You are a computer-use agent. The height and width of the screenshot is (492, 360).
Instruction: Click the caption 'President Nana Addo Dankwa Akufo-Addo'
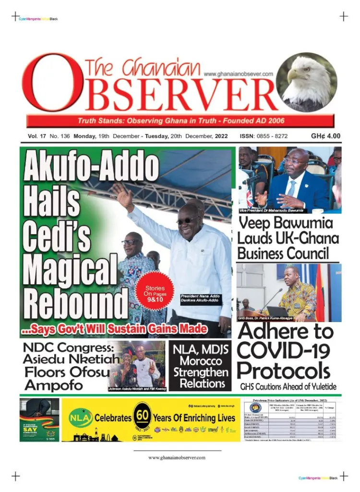(201, 300)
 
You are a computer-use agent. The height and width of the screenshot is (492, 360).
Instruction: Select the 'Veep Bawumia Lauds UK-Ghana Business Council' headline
(288, 238)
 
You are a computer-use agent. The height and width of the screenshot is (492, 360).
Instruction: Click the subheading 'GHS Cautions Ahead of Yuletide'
(288, 386)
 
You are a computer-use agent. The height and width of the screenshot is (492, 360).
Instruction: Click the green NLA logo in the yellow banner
(79, 417)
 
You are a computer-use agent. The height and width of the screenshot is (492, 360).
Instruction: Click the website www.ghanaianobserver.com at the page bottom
(177, 457)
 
